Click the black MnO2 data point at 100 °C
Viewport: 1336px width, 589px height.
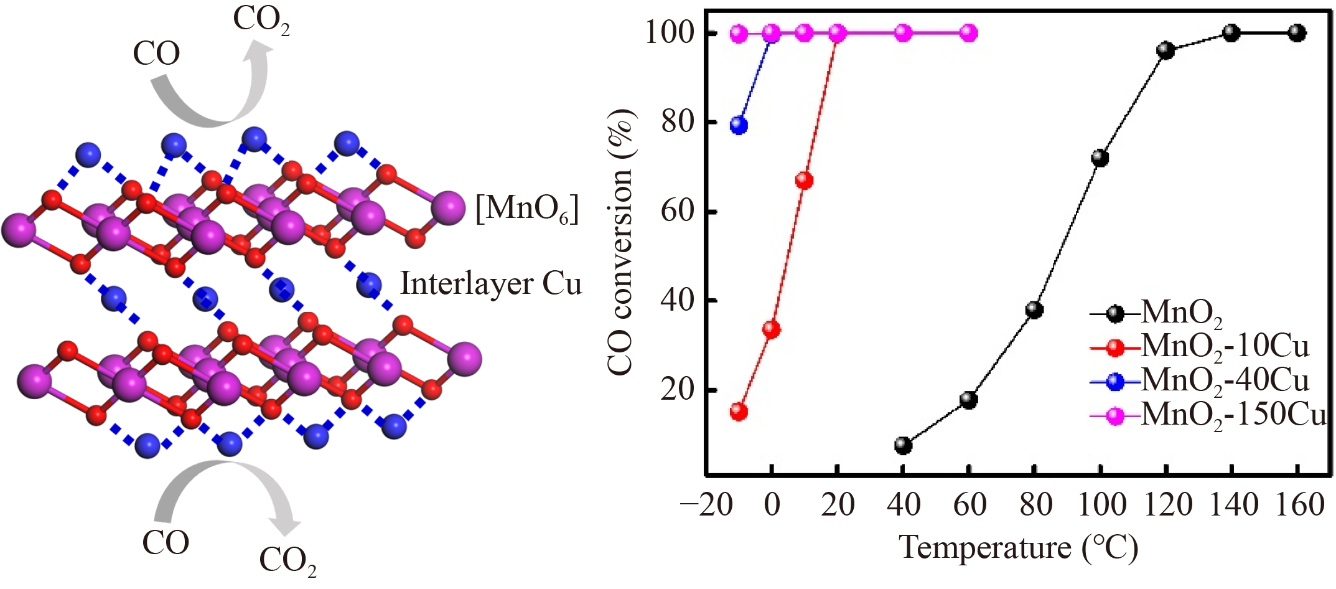1100,158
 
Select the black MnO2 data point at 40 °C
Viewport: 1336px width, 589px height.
903,445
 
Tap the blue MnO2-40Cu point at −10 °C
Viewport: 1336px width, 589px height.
739,125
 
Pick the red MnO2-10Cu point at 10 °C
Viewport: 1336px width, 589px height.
805,181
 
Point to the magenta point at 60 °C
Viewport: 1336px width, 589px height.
969,33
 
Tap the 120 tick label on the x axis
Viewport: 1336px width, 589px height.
1166,504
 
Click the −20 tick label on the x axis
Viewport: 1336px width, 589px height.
707,504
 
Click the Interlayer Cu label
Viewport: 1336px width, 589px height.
491,284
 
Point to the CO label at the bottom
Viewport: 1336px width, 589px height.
166,542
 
